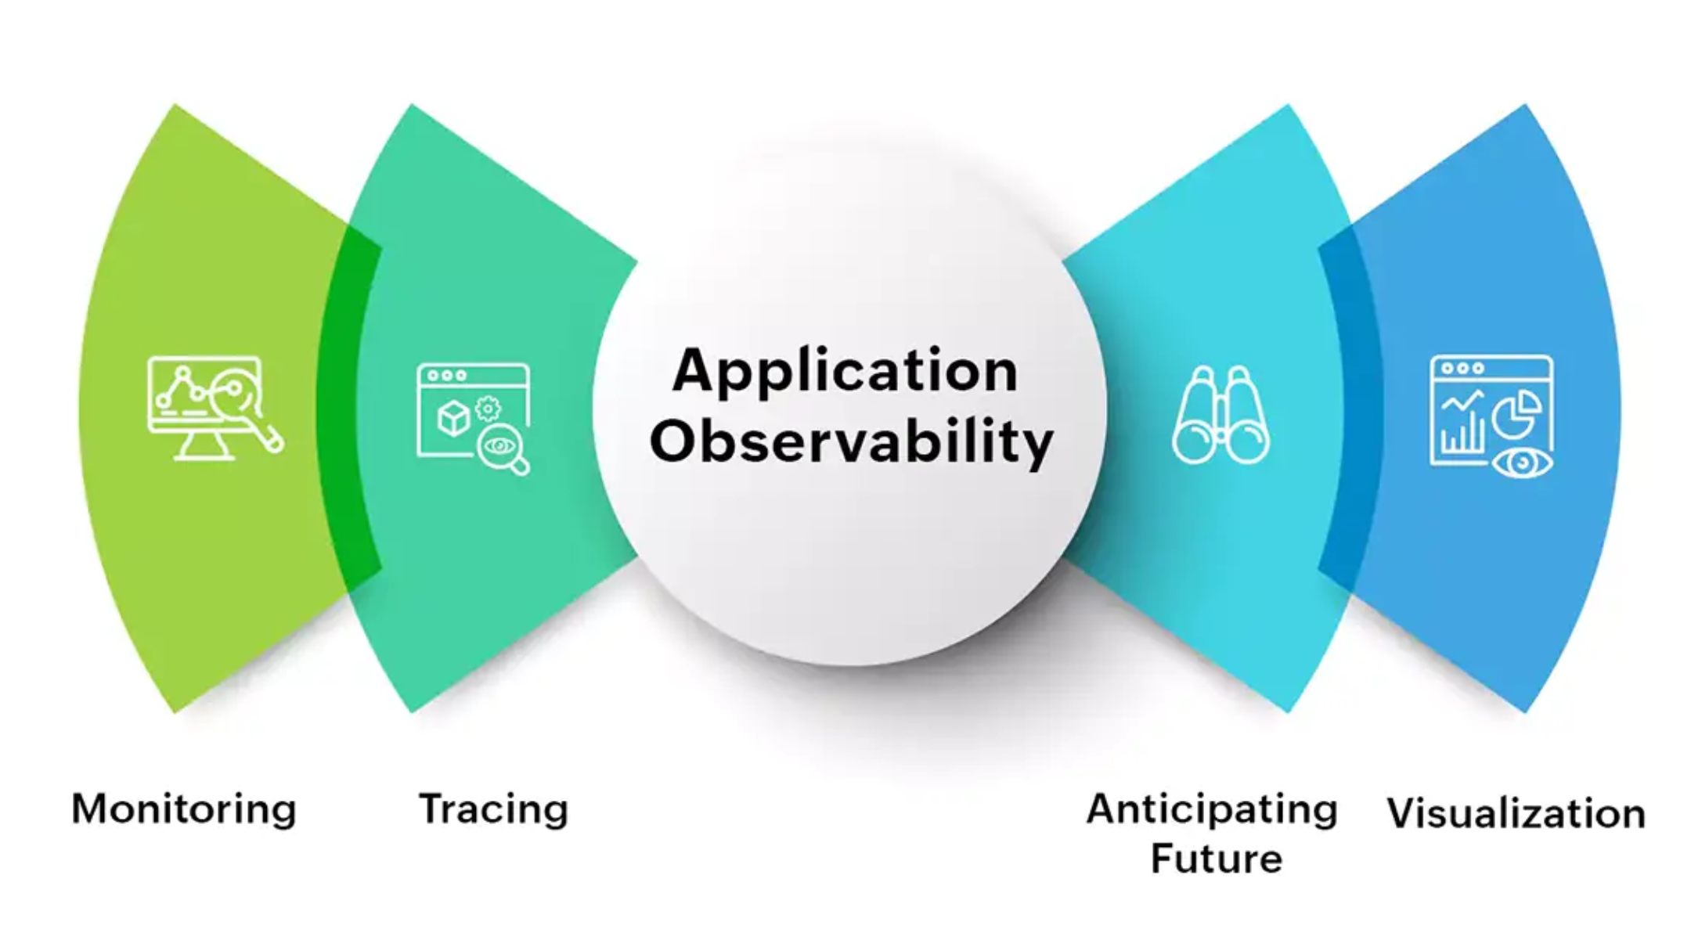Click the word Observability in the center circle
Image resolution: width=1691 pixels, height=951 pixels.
[x=851, y=441]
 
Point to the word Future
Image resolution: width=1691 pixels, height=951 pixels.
[x=1217, y=858]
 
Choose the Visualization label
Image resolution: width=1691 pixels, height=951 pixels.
[x=1516, y=813]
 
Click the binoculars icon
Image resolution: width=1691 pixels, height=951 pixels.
[x=1220, y=415]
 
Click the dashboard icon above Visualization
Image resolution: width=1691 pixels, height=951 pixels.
[x=1492, y=416]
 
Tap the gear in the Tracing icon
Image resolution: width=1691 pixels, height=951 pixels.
[x=489, y=408]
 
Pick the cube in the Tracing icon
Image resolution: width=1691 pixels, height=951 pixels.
[x=453, y=419]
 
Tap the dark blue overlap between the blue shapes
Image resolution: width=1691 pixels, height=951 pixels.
[x=1350, y=407]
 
